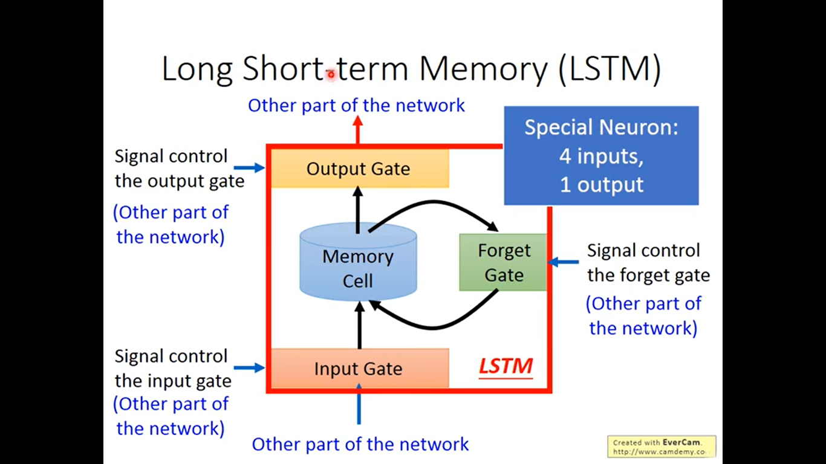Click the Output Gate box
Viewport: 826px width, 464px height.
(x=360, y=169)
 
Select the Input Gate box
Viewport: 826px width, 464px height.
(x=360, y=368)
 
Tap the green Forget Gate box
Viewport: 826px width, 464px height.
(x=503, y=262)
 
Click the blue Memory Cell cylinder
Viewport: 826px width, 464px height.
(x=358, y=262)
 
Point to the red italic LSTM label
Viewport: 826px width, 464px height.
(x=506, y=367)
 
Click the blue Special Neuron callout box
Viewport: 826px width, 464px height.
(x=601, y=155)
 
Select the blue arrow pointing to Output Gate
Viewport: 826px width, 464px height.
(x=249, y=168)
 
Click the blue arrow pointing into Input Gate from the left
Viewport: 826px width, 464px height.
(x=249, y=367)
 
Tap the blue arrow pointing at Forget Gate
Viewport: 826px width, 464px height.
(x=563, y=262)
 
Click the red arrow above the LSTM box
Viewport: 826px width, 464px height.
(x=357, y=130)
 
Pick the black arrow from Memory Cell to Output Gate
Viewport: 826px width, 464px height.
(x=358, y=210)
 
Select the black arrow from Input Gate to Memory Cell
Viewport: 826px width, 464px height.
(x=360, y=325)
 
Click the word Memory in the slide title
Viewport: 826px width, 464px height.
(x=483, y=68)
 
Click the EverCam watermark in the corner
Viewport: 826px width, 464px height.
(x=662, y=446)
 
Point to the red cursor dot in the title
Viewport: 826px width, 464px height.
(x=331, y=74)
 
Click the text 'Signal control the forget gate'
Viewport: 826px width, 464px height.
(x=648, y=262)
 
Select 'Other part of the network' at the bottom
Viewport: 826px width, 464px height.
(x=360, y=444)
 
